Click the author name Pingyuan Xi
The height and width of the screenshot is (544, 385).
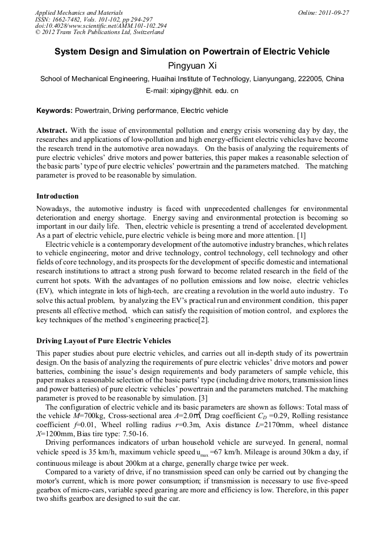tap(192, 65)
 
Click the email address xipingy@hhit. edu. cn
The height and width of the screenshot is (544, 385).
tap(192, 91)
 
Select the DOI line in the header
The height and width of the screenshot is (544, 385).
tap(101, 26)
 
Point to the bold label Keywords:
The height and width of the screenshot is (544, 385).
tap(55, 111)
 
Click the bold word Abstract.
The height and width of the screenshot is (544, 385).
tap(52, 130)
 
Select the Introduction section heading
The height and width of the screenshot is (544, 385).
tap(57, 196)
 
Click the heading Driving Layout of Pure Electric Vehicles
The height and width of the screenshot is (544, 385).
tap(103, 341)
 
